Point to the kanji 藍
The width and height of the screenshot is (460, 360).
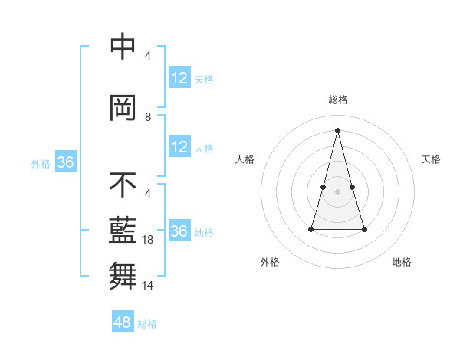(x=123, y=230)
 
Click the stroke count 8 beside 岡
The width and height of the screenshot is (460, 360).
(x=148, y=117)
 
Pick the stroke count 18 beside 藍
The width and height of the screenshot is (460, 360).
(x=150, y=240)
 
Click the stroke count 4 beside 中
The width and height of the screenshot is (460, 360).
(x=148, y=56)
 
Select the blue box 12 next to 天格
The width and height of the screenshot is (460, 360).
(x=179, y=79)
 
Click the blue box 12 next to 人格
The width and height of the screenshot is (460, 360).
(x=179, y=147)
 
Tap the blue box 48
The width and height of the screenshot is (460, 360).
(x=123, y=322)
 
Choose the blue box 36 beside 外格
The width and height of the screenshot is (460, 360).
(x=65, y=163)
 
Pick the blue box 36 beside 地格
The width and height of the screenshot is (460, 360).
(x=179, y=231)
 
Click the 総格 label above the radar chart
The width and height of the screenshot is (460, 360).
(x=338, y=100)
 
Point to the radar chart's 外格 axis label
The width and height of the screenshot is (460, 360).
(x=270, y=262)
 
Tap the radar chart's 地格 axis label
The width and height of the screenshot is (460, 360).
(x=402, y=262)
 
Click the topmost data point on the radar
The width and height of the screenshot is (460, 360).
(x=338, y=129)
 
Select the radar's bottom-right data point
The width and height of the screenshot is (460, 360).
(x=364, y=229)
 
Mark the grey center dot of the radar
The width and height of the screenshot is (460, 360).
(x=338, y=191)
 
